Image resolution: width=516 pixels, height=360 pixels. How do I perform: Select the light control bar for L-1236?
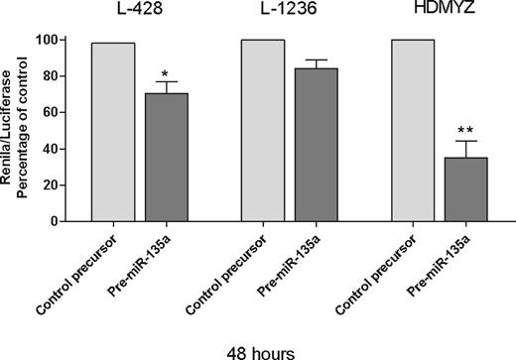(x=263, y=130)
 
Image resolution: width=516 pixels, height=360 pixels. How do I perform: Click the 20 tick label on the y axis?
(x=69, y=185)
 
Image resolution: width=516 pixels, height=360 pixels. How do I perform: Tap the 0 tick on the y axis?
(x=74, y=221)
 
